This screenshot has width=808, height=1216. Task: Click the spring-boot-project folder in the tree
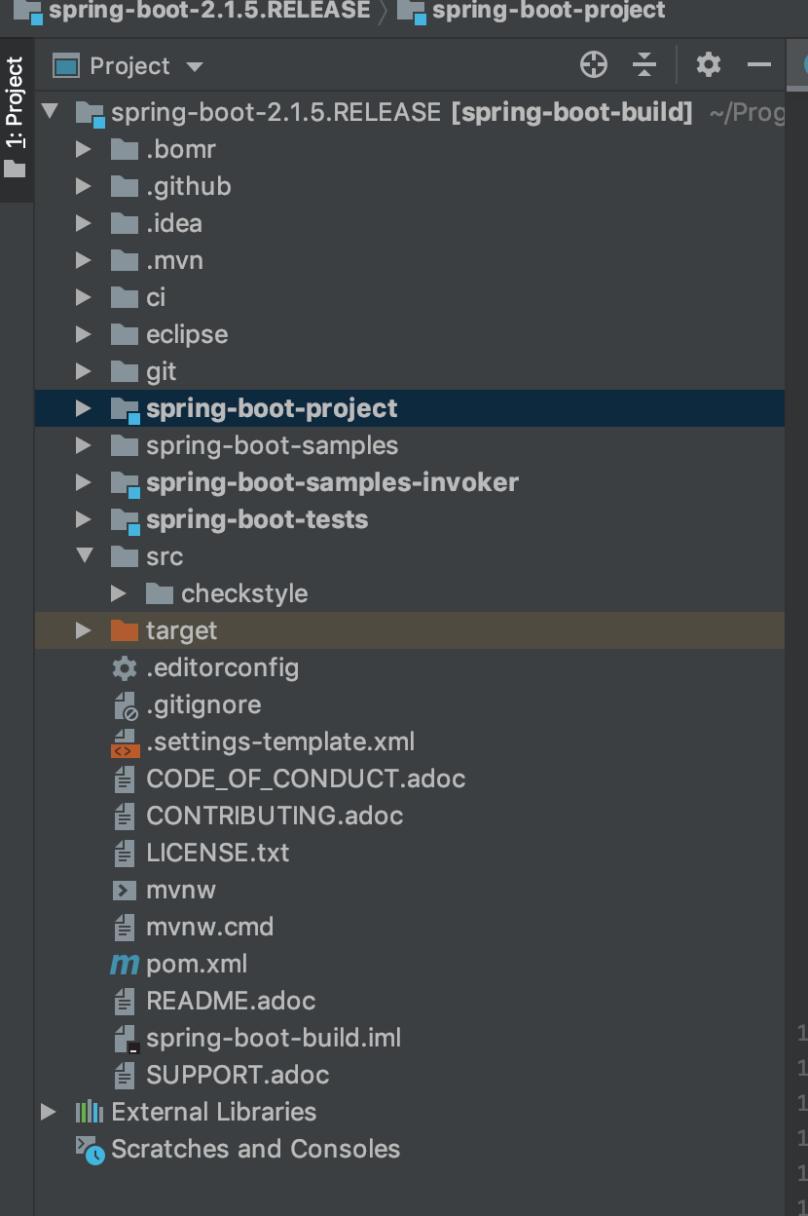[271, 408]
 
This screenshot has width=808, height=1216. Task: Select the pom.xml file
[197, 964]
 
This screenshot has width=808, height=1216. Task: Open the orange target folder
[181, 630]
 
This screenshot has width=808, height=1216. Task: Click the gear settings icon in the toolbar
[708, 65]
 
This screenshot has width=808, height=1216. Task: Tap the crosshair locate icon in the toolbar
[593, 65]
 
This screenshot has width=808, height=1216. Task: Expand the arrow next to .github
[84, 186]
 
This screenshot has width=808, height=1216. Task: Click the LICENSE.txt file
[217, 853]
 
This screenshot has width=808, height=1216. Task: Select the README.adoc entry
[231, 1001]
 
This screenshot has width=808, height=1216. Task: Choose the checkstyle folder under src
[243, 593]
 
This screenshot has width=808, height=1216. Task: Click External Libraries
[213, 1112]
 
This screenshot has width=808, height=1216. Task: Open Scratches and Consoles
[255, 1149]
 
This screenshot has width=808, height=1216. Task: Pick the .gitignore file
[203, 704]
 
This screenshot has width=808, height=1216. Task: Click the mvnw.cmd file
[209, 927]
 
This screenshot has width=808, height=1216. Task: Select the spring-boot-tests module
[257, 519]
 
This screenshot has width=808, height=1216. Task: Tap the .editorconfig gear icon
[125, 667]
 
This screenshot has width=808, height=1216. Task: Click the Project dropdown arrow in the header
[195, 66]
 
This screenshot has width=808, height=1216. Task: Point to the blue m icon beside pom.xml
[125, 964]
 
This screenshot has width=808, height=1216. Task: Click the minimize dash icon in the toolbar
[758, 65]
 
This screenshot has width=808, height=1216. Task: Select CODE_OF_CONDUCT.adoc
[306, 779]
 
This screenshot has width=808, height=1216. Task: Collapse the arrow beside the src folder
[84, 556]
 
